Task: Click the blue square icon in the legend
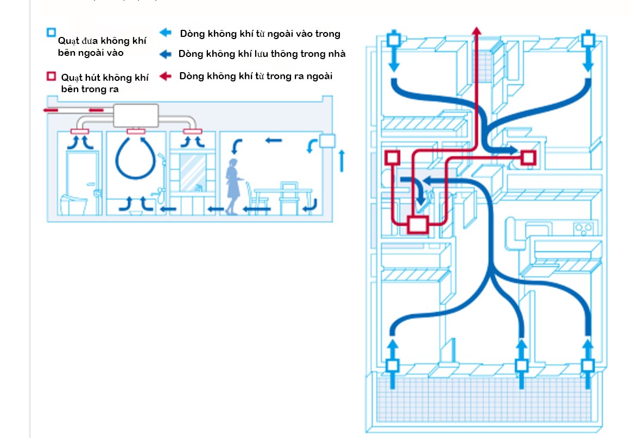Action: click(51, 33)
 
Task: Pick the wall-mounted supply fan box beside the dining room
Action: click(327, 141)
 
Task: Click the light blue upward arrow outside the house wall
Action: click(342, 161)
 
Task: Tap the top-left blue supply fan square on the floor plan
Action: click(394, 40)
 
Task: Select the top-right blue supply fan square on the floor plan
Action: click(588, 40)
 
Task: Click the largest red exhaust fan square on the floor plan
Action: click(418, 224)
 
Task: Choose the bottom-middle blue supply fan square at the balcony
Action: click(522, 365)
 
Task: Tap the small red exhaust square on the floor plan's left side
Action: click(392, 158)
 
